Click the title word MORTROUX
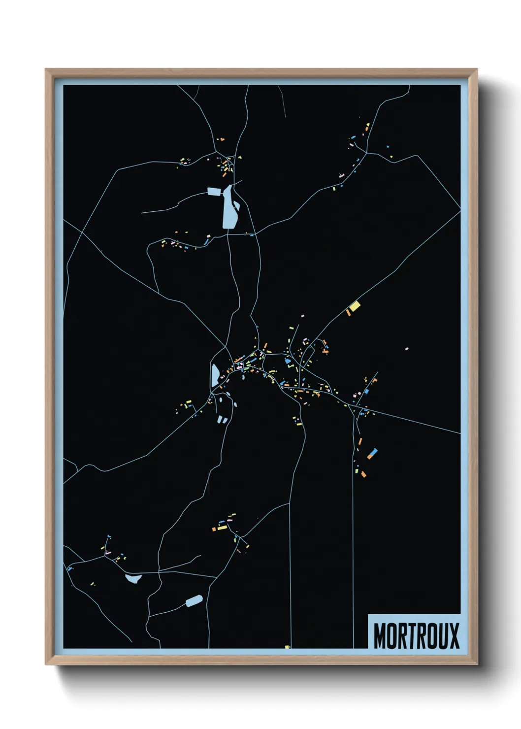point(416,635)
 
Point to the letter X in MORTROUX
point(454,635)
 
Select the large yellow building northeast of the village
point(355,307)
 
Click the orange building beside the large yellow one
point(348,312)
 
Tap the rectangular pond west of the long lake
point(215,192)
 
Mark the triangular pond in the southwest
point(133,578)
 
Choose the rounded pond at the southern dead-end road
point(194,601)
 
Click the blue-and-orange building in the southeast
point(372,453)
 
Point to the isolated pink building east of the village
point(406,349)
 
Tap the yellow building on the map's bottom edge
point(287,647)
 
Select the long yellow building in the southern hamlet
point(223,528)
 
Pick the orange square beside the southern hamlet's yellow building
point(214,529)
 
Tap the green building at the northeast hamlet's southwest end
point(334,188)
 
